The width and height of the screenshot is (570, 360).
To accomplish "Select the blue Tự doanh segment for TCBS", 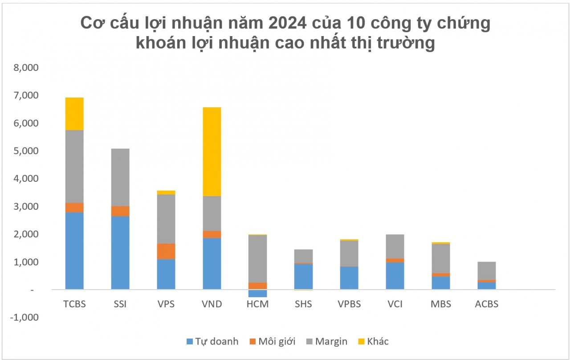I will tap(74, 251).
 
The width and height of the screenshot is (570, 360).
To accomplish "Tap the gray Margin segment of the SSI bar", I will tap(120, 177).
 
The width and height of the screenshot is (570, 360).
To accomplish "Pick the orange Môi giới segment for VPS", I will tap(166, 251).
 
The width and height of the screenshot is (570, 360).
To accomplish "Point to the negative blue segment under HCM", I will tap(257, 293).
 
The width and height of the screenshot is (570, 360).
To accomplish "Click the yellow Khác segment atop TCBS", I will tap(74, 114).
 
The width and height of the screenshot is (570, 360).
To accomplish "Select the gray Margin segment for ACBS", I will tap(486, 270).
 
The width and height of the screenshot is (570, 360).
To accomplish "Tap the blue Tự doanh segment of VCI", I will tap(395, 276).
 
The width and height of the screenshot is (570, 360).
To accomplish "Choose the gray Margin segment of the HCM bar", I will tap(257, 258).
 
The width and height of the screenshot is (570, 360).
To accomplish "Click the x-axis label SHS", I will tap(303, 305).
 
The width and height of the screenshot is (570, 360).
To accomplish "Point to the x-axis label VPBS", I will tap(349, 305).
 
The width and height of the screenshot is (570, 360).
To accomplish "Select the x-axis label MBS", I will tap(441, 305).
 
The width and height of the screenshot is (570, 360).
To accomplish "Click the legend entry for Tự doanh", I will tap(212, 342).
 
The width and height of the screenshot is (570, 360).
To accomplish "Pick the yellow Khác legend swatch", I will tap(361, 342).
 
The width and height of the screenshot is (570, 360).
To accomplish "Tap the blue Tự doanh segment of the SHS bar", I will tap(303, 276).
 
